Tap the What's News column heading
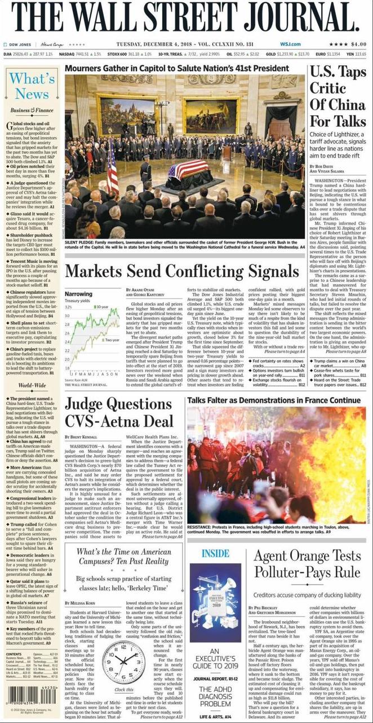(x=32, y=86)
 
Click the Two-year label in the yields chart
(x=112, y=340)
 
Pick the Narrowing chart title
(x=78, y=294)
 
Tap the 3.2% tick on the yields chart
(x=68, y=307)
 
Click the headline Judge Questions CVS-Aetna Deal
(x=119, y=412)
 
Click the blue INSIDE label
(x=215, y=553)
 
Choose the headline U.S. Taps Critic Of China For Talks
(x=337, y=97)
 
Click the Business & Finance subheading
(x=32, y=110)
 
